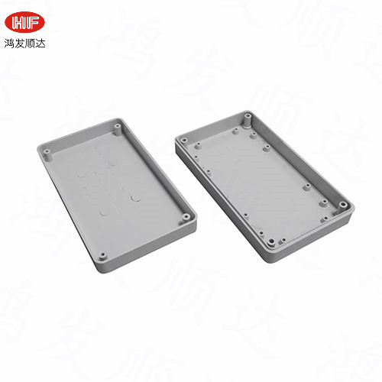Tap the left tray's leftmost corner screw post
pyautogui.click(x=47, y=153)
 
